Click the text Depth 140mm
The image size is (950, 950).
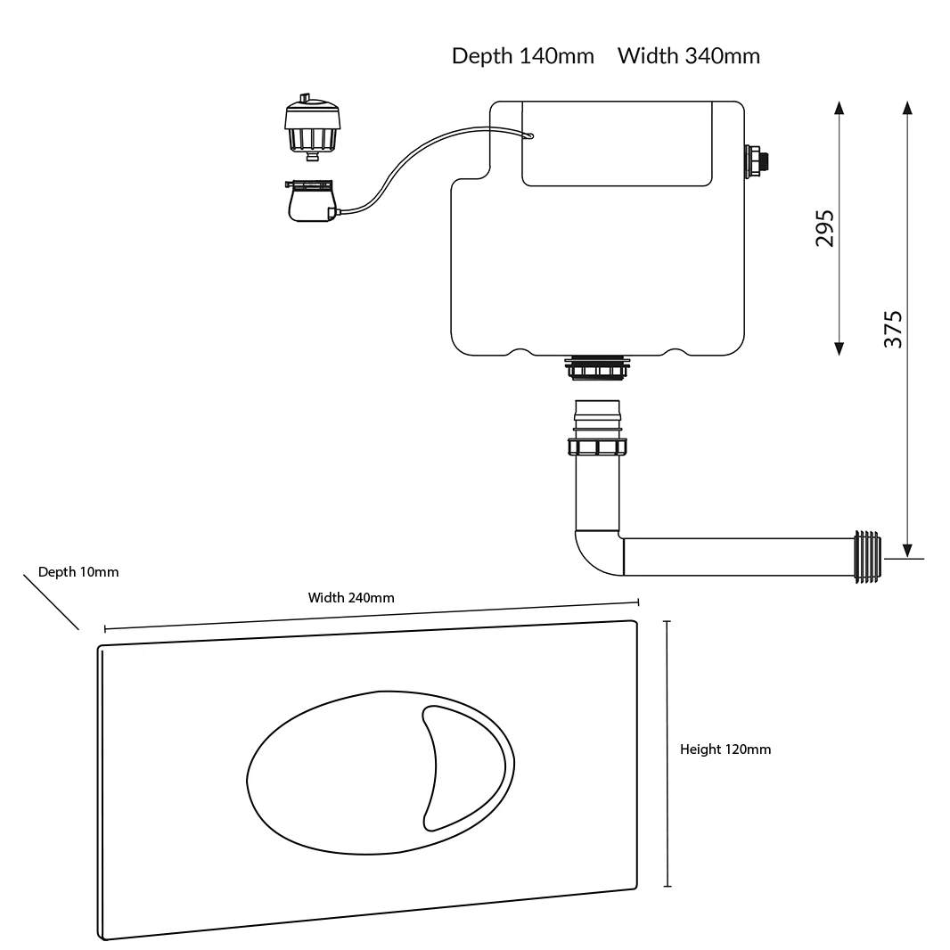coord(522,56)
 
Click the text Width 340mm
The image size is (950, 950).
coord(689,56)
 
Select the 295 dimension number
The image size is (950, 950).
coord(825,228)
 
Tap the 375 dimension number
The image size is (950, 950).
coord(893,329)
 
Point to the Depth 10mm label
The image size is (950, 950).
coord(78,572)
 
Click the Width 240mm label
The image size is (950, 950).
coord(351,598)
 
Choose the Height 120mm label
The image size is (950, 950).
coord(725,749)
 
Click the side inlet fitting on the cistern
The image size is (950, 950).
coord(758,160)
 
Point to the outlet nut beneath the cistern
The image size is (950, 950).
coord(597,366)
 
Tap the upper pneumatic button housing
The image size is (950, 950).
coord(312,127)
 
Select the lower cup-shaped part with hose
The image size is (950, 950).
coord(311,201)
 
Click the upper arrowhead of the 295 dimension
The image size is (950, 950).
coord(839,109)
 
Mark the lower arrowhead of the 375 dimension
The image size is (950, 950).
coord(907,549)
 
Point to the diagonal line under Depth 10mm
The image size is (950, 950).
coord(51,602)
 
